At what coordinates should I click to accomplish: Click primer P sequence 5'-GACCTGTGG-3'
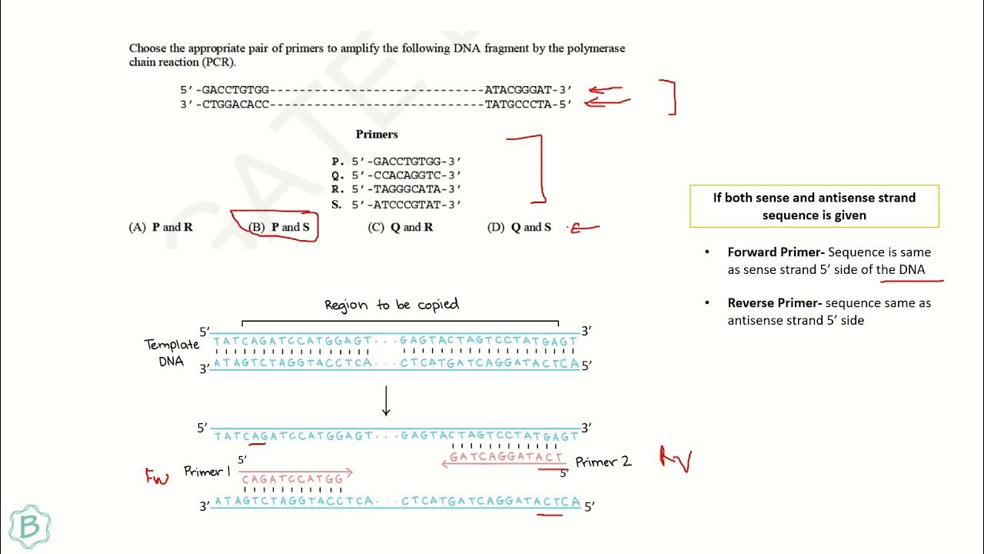406,162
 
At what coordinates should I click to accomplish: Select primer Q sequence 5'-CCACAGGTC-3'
406,175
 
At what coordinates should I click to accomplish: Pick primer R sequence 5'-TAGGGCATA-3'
406,189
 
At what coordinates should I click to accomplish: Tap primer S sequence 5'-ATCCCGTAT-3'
406,205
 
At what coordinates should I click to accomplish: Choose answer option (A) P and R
161,227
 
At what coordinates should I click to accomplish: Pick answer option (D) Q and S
520,227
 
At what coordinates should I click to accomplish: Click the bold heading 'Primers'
377,134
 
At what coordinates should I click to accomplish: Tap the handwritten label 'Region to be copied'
391,305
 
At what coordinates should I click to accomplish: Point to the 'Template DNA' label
171,352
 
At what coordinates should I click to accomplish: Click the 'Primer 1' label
207,471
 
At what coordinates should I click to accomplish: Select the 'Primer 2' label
603,462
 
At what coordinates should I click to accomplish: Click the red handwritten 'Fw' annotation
157,476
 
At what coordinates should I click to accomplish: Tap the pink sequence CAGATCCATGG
293,479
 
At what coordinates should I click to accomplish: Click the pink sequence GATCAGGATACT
506,457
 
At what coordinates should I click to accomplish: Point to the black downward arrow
387,400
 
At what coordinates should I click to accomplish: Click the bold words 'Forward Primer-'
776,252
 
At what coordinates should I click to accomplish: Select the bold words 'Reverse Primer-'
775,303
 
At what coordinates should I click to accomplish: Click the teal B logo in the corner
30,526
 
